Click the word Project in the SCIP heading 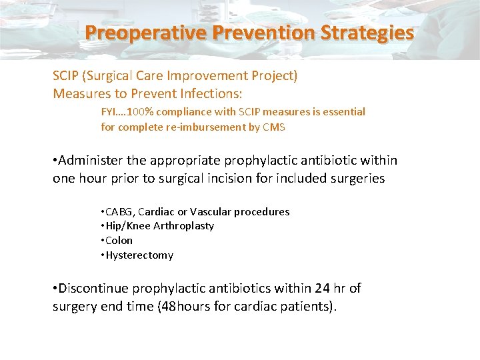tap(273, 76)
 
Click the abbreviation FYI tap(111, 112)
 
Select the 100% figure tap(141, 112)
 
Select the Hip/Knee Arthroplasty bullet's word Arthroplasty tap(184, 226)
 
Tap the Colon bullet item tap(119, 241)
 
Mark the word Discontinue tap(94, 288)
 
